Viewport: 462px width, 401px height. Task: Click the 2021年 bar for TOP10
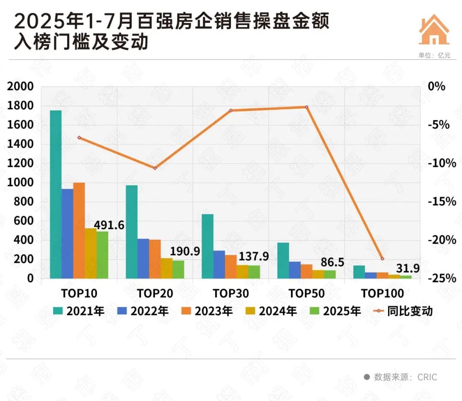coord(56,194)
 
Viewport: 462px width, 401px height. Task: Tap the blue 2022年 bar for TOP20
coord(143,258)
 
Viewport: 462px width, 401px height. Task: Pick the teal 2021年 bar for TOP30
coord(207,246)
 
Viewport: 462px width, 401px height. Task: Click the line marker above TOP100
coord(382,259)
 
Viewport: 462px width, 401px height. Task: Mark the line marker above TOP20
coord(155,168)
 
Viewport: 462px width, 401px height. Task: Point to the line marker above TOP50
coord(307,107)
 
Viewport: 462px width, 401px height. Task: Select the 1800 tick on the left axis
coord(20,106)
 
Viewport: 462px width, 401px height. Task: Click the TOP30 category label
coord(231,294)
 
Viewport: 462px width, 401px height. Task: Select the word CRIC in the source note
coord(427,377)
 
